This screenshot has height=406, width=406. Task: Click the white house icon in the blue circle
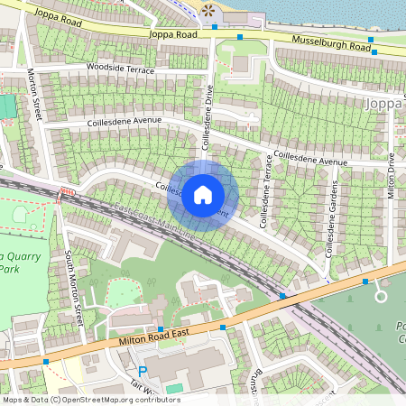point(203,195)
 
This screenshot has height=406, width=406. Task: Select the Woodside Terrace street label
point(120,69)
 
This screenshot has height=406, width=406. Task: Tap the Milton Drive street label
point(392,175)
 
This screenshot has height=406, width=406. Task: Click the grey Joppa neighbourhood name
point(386,104)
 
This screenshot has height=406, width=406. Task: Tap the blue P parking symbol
point(142,371)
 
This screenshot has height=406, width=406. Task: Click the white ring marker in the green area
point(381,296)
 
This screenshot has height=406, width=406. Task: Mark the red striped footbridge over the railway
point(65,192)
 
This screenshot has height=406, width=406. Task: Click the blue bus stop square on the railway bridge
point(282,296)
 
